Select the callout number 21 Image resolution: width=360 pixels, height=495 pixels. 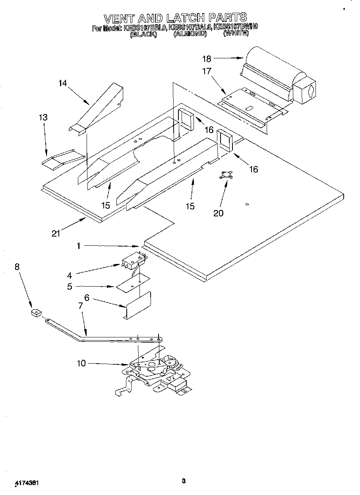pos(56,233)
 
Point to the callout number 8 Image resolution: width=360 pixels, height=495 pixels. pos(17,267)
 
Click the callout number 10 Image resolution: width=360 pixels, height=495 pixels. pos(81,363)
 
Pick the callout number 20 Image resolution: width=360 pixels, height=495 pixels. pos(219,213)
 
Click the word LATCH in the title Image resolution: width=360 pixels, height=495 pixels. pos(190,18)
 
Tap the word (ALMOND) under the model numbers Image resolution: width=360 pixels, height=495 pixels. pos(190,34)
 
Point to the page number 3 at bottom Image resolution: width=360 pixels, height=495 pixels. pos(184,481)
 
